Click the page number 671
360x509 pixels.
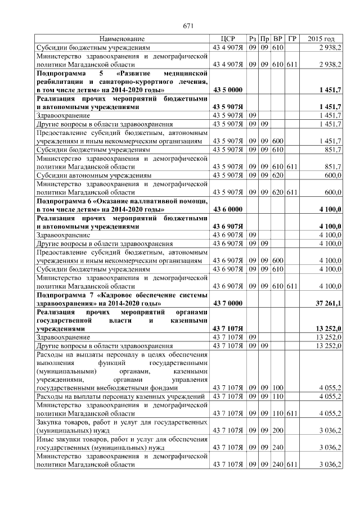click(x=188, y=26)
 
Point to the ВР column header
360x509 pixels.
click(x=278, y=39)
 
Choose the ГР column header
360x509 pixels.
click(x=292, y=39)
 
